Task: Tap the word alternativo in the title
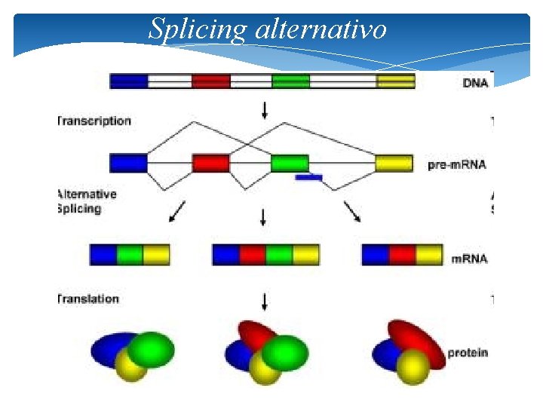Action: coord(322,29)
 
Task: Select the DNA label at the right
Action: coord(474,82)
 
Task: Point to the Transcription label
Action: coord(94,121)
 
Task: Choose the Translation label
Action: coord(89,298)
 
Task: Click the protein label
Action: coord(468,352)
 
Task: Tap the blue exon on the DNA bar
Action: coord(129,81)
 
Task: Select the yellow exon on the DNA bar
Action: coord(396,81)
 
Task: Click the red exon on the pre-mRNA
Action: coord(210,163)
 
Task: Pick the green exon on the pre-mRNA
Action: coord(290,163)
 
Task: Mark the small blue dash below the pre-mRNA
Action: coord(309,178)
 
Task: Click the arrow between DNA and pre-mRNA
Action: coord(264,110)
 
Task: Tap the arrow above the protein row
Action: coord(264,301)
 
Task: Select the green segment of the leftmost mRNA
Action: coord(130,255)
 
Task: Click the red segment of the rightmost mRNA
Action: coord(403,255)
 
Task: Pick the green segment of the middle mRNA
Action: coord(279,255)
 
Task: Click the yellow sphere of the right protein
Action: coord(413,367)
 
